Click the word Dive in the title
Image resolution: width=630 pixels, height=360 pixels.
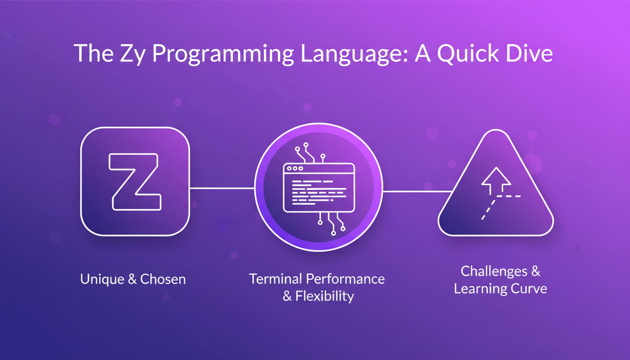[x=528, y=54]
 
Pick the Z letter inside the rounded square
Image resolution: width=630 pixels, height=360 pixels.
[x=135, y=181]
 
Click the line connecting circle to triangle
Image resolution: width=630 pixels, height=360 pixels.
[x=417, y=191]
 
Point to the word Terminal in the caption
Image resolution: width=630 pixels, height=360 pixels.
[x=276, y=279]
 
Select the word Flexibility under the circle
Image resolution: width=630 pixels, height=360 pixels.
[x=324, y=296]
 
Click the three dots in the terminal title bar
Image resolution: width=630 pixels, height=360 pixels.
[x=295, y=168]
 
